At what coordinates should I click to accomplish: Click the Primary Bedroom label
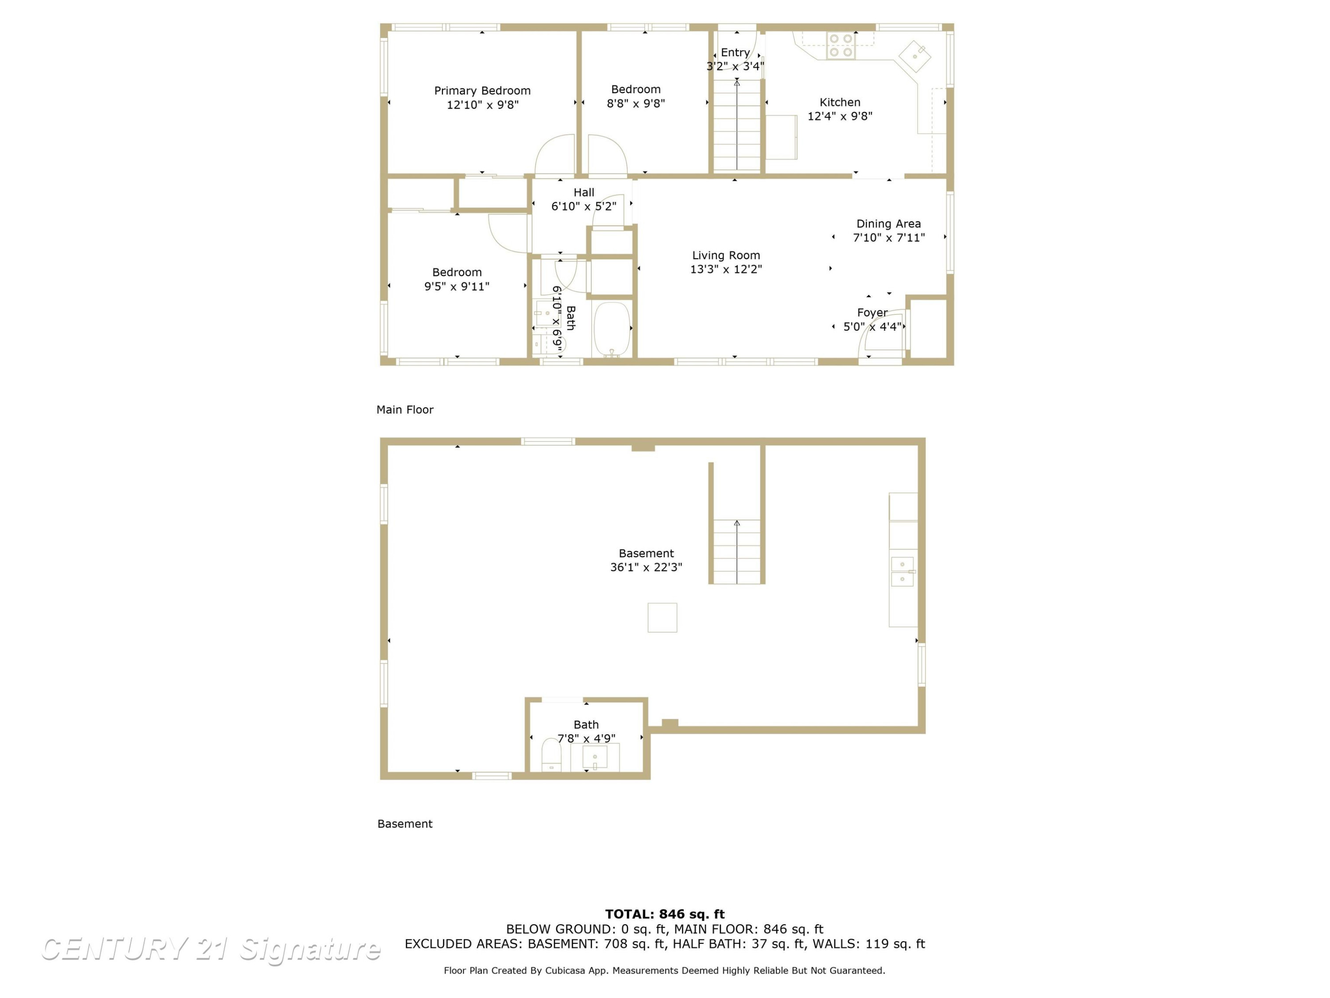tap(482, 91)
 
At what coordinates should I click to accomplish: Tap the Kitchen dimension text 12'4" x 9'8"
tap(840, 116)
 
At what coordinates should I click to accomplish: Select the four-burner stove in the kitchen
tap(841, 46)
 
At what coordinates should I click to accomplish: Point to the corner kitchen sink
tap(915, 56)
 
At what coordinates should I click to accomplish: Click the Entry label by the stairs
tap(735, 53)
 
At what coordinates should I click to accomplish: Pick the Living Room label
tap(726, 255)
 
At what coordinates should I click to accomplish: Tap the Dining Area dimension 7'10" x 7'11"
tap(889, 238)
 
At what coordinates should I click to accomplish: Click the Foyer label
tap(872, 313)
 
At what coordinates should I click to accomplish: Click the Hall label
tap(584, 193)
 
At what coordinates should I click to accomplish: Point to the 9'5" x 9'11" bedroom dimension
tap(457, 287)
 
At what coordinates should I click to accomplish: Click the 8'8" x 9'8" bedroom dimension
tap(636, 103)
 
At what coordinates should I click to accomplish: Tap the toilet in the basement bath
tap(552, 755)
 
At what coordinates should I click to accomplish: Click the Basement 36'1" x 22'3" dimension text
tap(646, 567)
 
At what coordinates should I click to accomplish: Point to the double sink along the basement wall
tap(903, 571)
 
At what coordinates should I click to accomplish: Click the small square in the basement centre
tap(662, 618)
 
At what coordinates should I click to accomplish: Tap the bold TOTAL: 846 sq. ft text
tap(665, 914)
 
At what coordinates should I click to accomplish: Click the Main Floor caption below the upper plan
tap(405, 410)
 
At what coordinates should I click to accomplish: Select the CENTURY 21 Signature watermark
tap(211, 949)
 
